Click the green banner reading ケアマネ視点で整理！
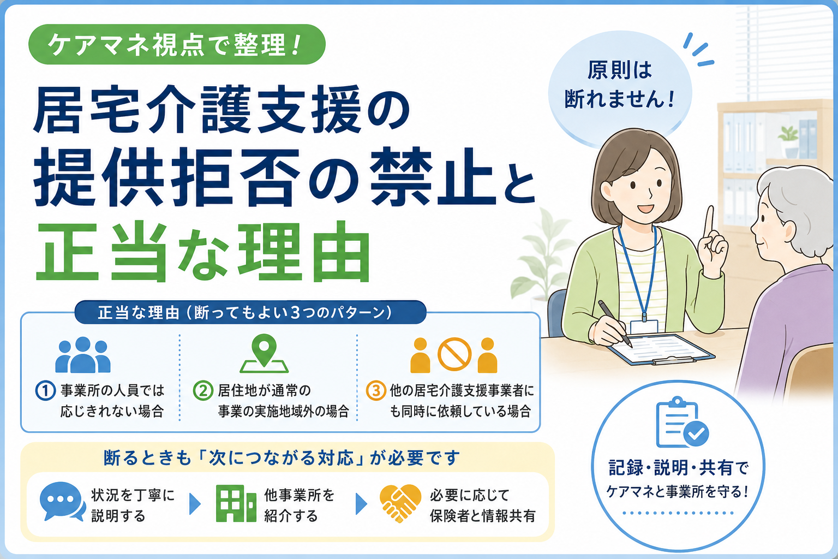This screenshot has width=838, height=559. tap(177, 45)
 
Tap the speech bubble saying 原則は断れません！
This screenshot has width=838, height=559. tap(620, 90)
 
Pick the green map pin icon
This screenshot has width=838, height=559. tap(264, 353)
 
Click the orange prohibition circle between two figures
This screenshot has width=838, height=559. tap(454, 354)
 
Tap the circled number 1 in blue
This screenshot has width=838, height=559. tap(46, 391)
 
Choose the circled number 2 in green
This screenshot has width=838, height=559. tap(203, 391)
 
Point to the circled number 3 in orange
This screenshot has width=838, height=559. tap(376, 391)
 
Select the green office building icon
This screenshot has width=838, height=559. tap(236, 503)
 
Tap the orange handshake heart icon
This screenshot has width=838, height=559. tap(400, 503)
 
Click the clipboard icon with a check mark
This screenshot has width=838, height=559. tap(681, 423)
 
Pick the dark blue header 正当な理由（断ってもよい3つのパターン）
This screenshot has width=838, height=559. tap(250, 313)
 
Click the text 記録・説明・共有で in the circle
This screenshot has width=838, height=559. tap(678, 468)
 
